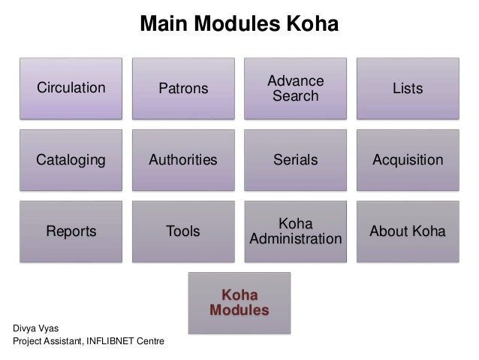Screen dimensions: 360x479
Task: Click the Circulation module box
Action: (x=71, y=88)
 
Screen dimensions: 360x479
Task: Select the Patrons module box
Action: (x=183, y=89)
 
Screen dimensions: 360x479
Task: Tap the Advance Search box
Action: (x=295, y=89)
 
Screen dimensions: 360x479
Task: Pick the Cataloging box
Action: (x=71, y=160)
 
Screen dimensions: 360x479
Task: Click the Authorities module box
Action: (x=183, y=160)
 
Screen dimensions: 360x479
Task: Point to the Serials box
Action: (x=295, y=160)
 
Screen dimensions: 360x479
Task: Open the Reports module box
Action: (x=71, y=231)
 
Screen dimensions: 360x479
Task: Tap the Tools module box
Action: (x=183, y=231)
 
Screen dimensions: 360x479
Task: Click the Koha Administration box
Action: (x=295, y=231)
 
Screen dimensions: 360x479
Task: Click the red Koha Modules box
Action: (x=239, y=302)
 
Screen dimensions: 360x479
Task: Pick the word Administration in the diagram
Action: (x=295, y=239)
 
